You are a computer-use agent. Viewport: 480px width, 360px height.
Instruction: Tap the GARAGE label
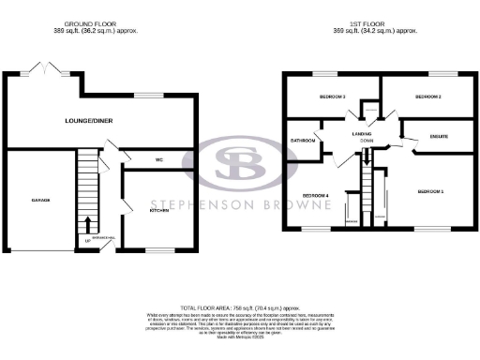pos(39,201)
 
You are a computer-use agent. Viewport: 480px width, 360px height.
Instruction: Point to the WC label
pos(159,159)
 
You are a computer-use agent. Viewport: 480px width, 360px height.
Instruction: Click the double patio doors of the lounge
pos(43,68)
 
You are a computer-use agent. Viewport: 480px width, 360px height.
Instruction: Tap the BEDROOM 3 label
pos(333,97)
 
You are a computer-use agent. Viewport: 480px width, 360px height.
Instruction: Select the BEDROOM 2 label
pos(427,97)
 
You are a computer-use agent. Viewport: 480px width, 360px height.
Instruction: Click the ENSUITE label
pos(439,137)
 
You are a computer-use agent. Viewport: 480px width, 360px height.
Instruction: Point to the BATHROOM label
pos(303,141)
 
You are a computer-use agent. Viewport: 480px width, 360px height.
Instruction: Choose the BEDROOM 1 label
pos(429,191)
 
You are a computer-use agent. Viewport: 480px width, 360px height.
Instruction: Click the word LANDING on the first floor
pos(362,134)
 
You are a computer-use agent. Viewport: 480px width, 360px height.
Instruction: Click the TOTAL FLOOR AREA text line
pos(239,307)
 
